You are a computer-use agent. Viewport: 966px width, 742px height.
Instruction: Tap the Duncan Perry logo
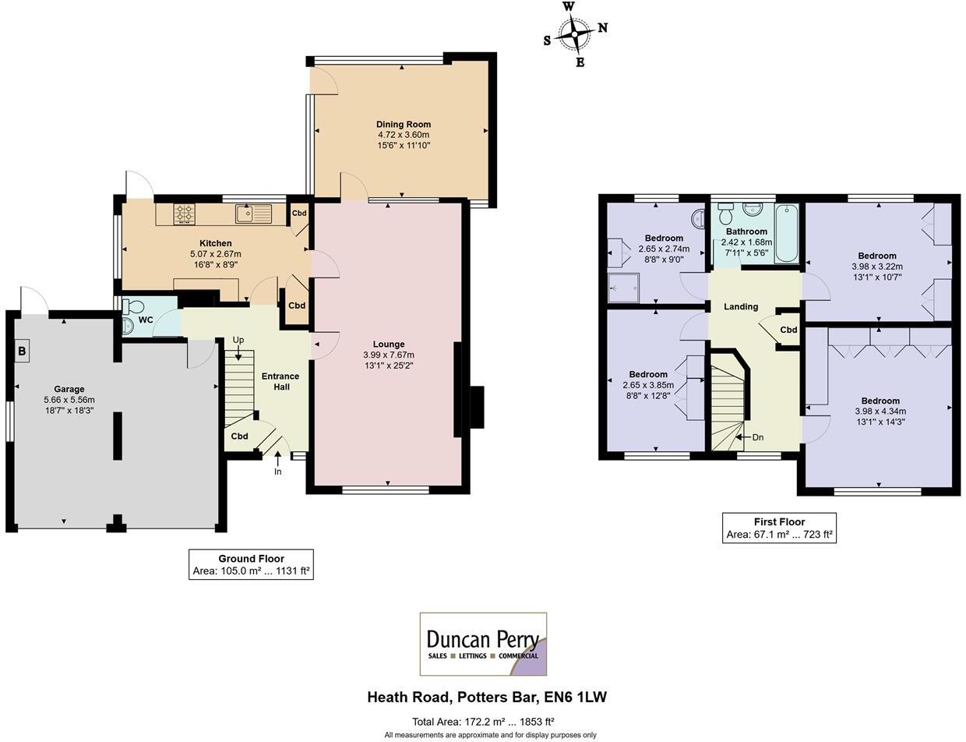pyautogui.click(x=483, y=644)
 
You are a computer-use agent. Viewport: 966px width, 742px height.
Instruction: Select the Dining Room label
pyautogui.click(x=403, y=125)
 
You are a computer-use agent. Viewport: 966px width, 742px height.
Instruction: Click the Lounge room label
pyautogui.click(x=388, y=344)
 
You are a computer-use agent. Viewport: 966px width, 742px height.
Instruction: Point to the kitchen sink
pyautogui.click(x=253, y=213)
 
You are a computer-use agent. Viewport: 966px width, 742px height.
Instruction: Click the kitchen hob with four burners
pyautogui.click(x=185, y=214)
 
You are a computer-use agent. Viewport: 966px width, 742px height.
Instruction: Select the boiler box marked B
pyautogui.click(x=22, y=352)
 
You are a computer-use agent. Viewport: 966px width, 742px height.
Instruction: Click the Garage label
pyautogui.click(x=69, y=390)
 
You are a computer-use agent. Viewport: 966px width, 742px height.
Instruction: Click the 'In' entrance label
pyautogui.click(x=277, y=472)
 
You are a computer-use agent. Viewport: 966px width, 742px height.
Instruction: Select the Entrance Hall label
pyautogui.click(x=280, y=381)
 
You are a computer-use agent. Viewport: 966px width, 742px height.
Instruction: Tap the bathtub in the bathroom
pyautogui.click(x=787, y=233)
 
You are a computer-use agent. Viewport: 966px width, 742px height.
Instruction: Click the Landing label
pyautogui.click(x=741, y=307)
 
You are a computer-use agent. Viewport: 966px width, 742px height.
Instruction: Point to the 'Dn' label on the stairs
pyautogui.click(x=757, y=438)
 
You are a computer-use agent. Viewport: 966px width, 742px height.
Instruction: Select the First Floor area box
pyautogui.click(x=779, y=528)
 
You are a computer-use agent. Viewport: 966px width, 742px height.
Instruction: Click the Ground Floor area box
pyautogui.click(x=251, y=565)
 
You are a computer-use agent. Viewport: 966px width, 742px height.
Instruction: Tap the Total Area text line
pyautogui.click(x=483, y=722)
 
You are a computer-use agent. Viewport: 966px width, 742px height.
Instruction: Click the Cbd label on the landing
pyautogui.click(x=788, y=330)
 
